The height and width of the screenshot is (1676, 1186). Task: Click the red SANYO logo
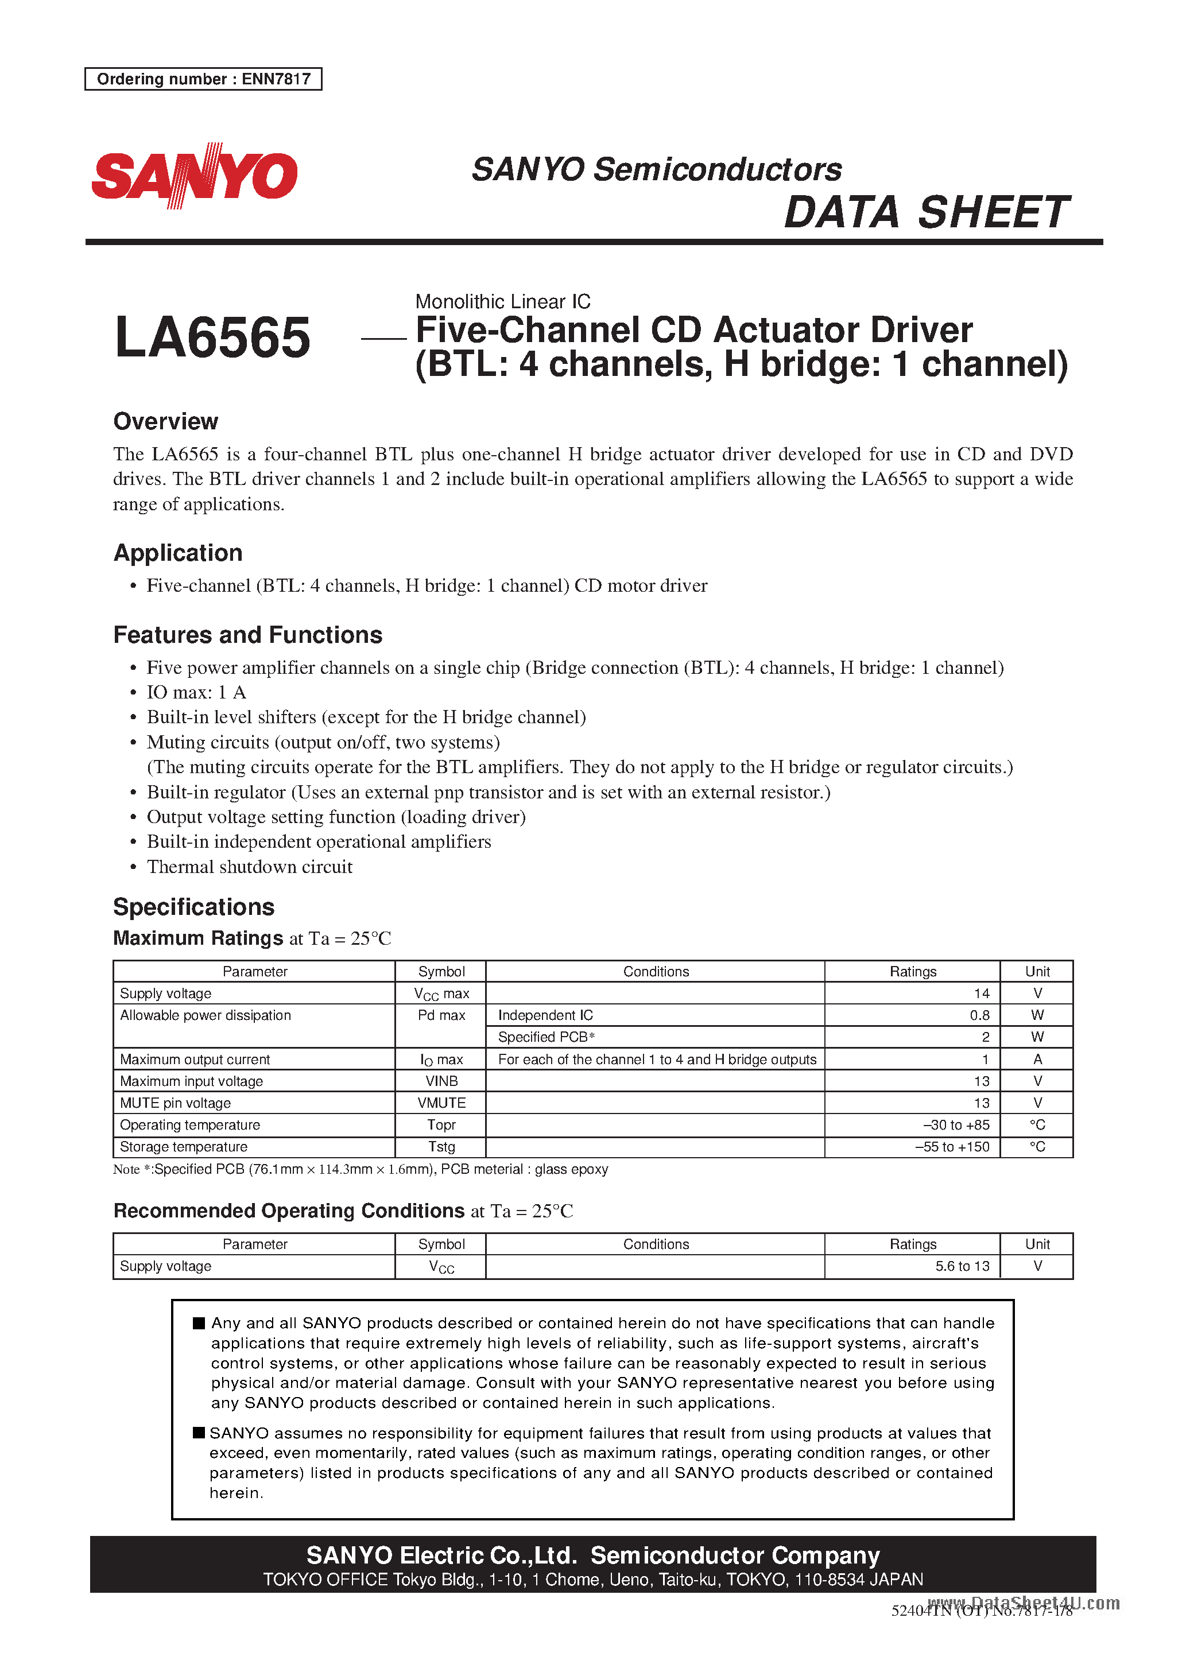click(194, 176)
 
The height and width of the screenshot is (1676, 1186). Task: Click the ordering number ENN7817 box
click(203, 79)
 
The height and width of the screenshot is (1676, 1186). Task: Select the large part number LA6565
click(212, 338)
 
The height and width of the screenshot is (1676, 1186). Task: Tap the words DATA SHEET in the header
click(925, 212)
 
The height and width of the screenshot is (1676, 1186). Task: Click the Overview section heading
click(166, 421)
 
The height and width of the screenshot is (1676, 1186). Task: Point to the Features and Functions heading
click(247, 634)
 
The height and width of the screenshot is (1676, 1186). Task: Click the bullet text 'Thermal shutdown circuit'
click(249, 867)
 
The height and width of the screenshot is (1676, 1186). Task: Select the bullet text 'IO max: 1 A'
click(196, 692)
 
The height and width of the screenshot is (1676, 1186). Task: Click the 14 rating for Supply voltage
click(981, 994)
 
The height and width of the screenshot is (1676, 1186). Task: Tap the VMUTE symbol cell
click(441, 1103)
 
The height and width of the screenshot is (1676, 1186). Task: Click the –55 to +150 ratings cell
click(952, 1147)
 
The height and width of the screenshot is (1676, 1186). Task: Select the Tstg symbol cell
click(441, 1147)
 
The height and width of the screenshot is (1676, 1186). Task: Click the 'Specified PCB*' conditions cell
click(547, 1037)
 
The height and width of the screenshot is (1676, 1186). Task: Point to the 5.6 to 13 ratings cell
click(962, 1267)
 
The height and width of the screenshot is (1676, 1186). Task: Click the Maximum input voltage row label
click(191, 1081)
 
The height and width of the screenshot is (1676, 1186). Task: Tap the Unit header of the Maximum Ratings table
click(1037, 972)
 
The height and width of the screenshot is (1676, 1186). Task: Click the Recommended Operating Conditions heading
click(289, 1211)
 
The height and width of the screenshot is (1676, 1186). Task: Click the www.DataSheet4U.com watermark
click(1023, 1604)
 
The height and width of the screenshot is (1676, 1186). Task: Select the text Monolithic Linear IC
click(502, 301)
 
